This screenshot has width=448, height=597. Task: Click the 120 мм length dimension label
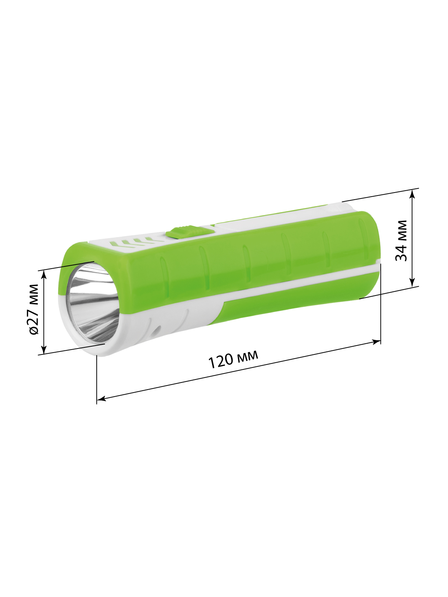[233, 359]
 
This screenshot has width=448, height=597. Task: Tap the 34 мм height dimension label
[401, 240]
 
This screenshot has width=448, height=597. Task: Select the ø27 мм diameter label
[34, 309]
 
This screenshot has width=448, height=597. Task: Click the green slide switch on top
[190, 231]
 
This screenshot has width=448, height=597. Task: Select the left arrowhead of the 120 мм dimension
[101, 399]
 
